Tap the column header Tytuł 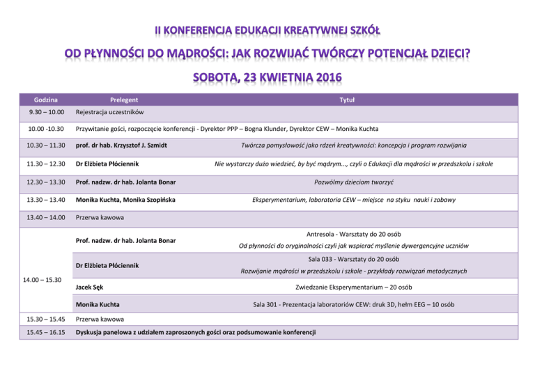coord(346,100)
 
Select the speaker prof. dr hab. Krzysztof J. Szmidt coord(121,146)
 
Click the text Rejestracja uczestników coord(109,113)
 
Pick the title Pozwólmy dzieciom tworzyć coord(355,182)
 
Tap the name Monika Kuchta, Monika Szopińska coord(125,200)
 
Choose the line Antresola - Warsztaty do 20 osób coord(355,234)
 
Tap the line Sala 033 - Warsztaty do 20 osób coord(355,259)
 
